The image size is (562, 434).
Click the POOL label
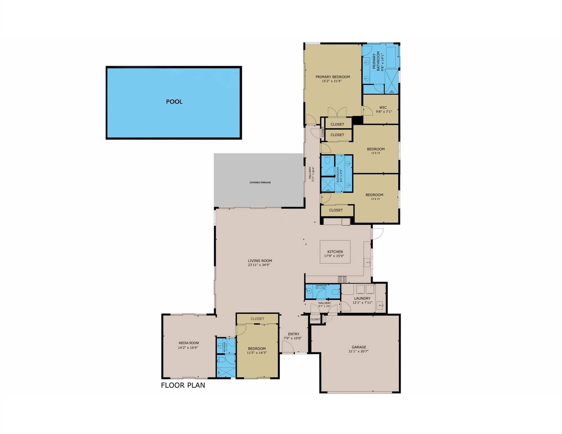[x=174, y=102]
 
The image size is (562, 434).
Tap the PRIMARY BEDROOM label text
[x=332, y=77]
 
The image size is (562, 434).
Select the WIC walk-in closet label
[x=383, y=108]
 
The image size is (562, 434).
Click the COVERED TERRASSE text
[x=260, y=183]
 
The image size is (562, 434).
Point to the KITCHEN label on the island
[x=335, y=252]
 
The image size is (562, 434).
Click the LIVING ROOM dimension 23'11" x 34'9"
[x=260, y=265]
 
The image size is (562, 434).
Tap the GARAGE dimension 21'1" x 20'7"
[x=359, y=351]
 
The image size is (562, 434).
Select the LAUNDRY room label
[x=362, y=298]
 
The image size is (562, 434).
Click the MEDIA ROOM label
[x=189, y=343]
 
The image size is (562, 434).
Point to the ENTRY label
[x=293, y=334]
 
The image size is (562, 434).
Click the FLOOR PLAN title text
[x=183, y=385]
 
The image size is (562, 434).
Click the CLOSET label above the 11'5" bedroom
[x=257, y=319]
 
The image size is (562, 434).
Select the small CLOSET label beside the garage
[x=315, y=319]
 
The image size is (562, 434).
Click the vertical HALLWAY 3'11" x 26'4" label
[x=311, y=174]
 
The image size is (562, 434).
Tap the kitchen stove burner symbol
[x=342, y=279]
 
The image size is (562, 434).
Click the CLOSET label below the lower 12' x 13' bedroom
[x=336, y=210]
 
